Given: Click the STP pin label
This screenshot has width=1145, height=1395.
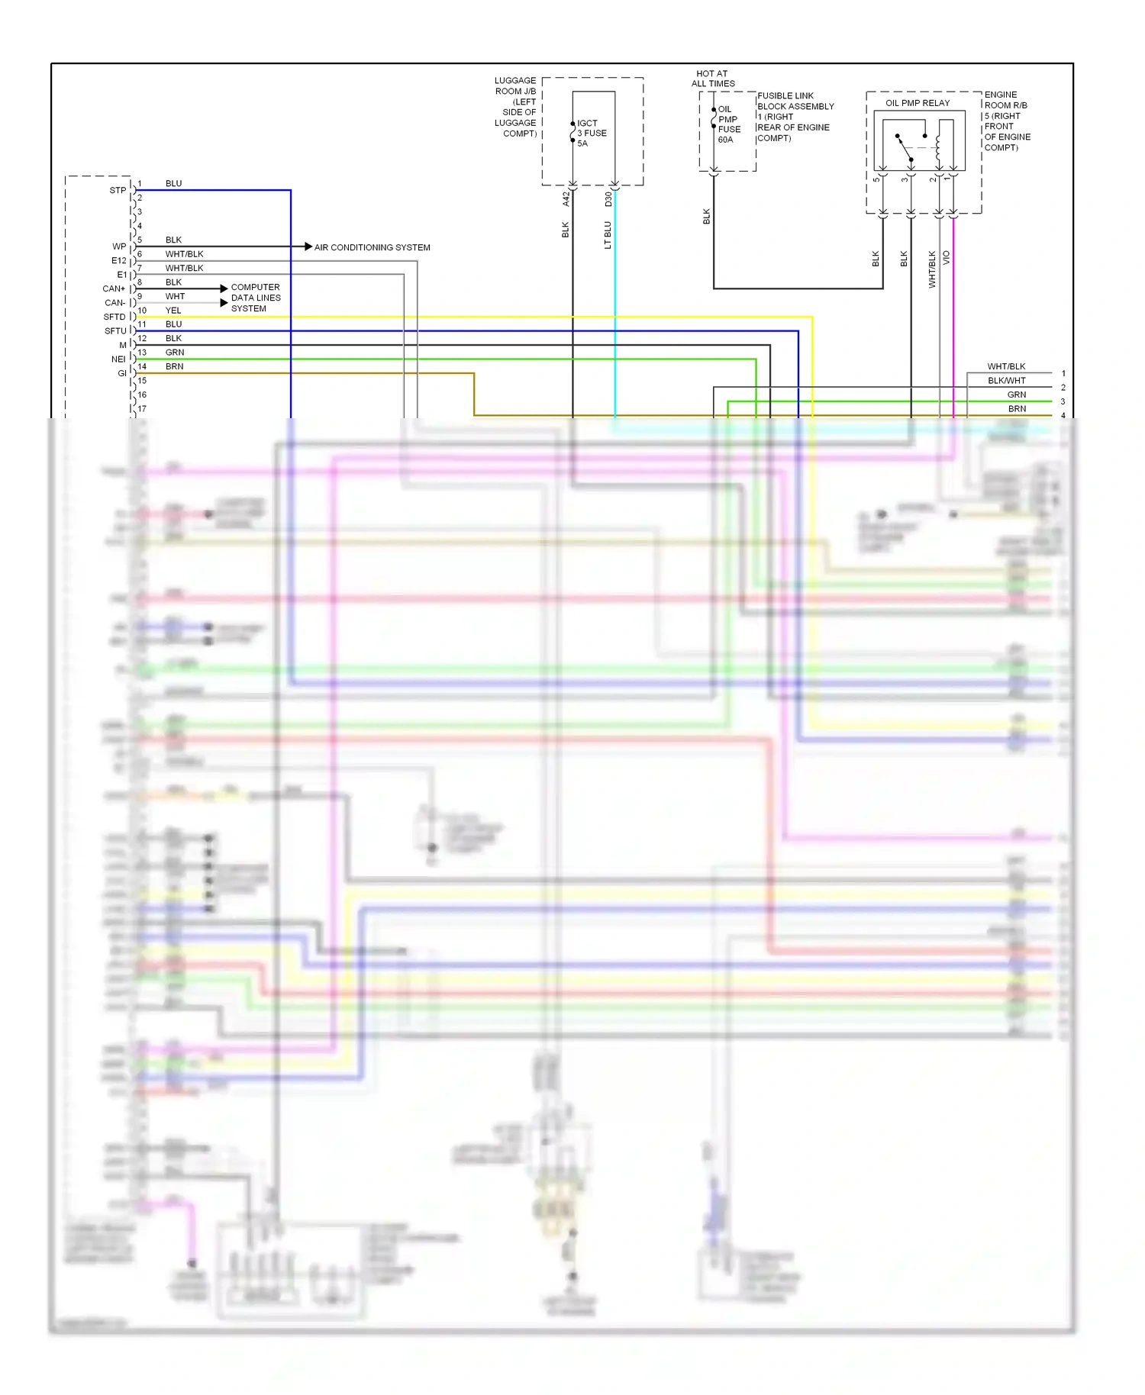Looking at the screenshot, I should coord(118,190).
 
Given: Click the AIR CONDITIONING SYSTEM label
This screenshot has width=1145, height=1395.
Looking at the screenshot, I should coord(372,247).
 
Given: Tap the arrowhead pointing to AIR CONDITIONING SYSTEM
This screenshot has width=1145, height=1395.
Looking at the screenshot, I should coord(308,246).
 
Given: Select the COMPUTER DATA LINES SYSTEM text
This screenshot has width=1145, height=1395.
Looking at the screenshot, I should coord(256,298).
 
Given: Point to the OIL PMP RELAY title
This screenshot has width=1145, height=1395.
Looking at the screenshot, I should coord(918,103).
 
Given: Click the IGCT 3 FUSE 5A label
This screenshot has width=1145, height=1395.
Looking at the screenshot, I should coord(592,133).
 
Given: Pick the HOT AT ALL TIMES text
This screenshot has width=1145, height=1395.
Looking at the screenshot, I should coord(713,79).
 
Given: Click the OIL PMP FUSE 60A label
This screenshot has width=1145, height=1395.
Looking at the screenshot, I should coord(729,124).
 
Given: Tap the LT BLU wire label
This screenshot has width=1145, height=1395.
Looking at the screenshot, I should coord(608,235).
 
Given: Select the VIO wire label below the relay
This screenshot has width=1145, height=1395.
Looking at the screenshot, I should coord(947,257).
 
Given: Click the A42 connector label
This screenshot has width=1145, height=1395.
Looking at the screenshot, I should coord(566,198).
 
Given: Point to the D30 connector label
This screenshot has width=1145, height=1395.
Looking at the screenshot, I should coord(608,198).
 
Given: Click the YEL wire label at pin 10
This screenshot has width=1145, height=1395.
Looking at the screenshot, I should coord(173,311).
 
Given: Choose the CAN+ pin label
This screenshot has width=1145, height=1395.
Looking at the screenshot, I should coord(114,288).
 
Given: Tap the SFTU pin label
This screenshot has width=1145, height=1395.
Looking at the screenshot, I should coord(115,331).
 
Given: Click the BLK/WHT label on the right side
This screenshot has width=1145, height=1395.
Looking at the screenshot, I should coord(1006,380).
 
